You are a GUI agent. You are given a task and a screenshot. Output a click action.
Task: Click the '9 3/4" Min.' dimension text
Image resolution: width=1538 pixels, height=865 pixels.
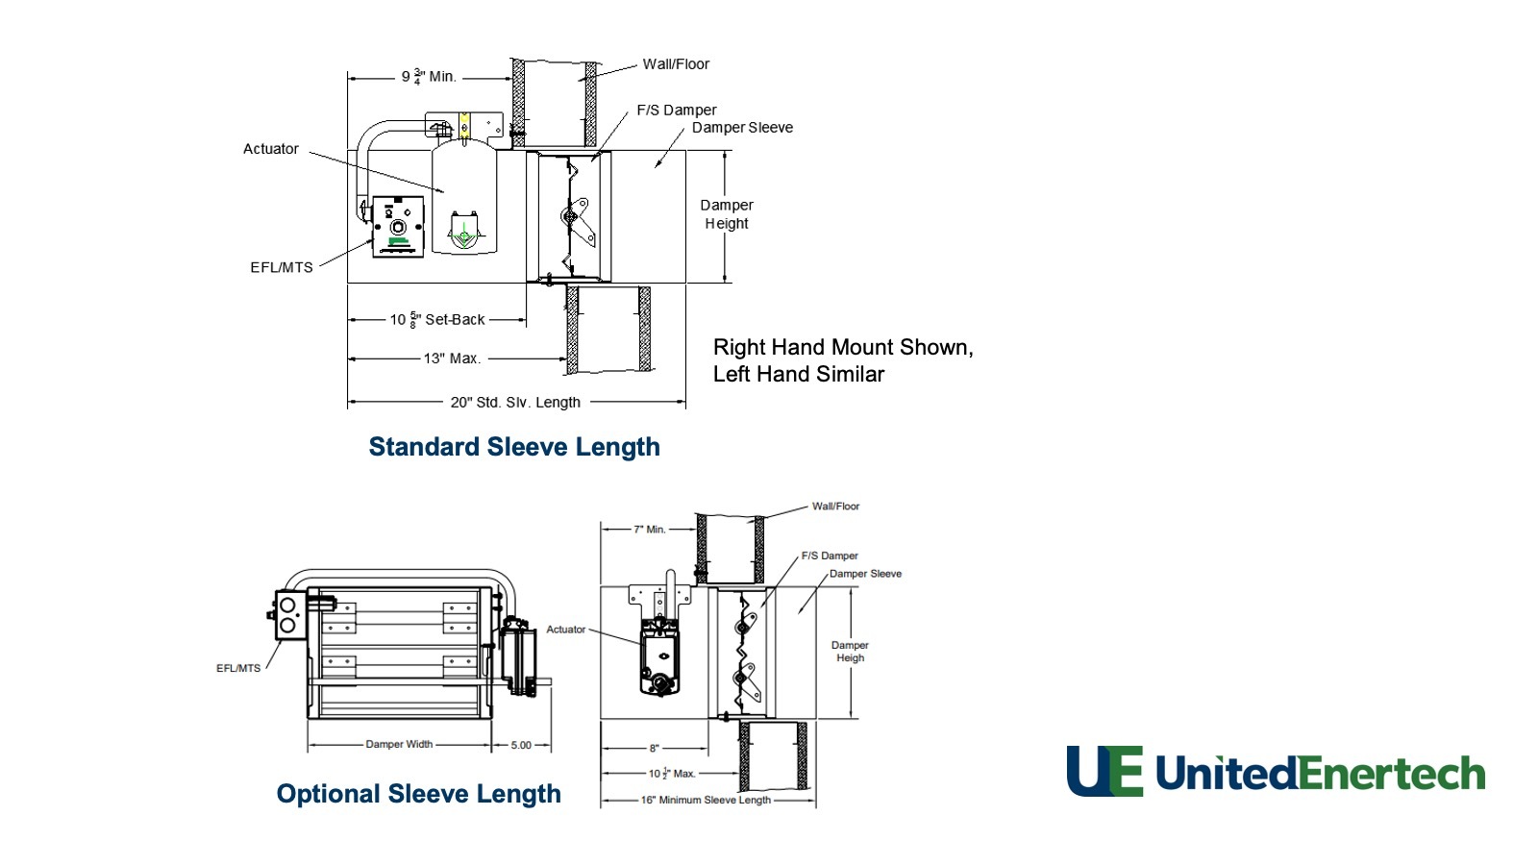(x=429, y=76)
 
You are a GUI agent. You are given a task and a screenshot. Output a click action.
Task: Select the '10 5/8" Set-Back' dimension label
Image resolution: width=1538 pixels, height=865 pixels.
(x=437, y=319)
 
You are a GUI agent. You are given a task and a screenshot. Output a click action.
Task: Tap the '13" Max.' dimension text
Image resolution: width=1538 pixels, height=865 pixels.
(x=452, y=358)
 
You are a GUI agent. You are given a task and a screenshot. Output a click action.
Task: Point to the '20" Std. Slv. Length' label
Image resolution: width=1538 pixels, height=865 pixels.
(x=515, y=402)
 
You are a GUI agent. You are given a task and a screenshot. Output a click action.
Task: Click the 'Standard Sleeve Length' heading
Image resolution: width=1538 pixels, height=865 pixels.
(x=514, y=447)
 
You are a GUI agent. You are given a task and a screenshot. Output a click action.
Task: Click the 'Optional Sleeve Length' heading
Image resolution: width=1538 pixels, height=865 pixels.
(x=418, y=794)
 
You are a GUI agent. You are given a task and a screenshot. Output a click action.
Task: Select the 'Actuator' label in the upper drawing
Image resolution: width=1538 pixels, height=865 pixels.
(x=270, y=149)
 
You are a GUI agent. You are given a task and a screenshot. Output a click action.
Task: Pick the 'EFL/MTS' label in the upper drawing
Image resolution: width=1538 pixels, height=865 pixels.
(x=282, y=267)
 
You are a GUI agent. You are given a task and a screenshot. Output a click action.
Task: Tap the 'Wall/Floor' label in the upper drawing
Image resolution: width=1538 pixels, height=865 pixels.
(x=676, y=64)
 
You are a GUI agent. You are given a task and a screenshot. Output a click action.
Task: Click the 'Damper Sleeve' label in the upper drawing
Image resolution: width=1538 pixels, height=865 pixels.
(x=742, y=127)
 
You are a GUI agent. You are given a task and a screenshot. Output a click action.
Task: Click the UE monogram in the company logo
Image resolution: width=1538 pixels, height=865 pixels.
(x=1104, y=772)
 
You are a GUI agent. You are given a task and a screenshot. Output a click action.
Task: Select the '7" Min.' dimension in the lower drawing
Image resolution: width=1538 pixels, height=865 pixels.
(x=650, y=530)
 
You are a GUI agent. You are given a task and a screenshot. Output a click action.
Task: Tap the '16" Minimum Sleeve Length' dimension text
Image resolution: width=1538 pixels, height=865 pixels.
(x=706, y=800)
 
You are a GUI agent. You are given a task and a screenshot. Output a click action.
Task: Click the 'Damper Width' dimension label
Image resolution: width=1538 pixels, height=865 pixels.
(x=399, y=744)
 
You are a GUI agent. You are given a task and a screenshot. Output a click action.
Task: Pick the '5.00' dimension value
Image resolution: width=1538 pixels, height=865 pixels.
(x=521, y=745)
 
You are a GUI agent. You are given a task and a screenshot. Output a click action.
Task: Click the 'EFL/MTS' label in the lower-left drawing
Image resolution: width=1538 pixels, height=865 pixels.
(x=238, y=668)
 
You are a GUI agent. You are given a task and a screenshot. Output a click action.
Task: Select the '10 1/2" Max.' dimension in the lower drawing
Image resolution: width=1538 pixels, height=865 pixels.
(x=671, y=773)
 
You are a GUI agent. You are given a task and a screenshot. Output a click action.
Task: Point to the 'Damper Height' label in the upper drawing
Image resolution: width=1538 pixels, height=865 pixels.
(x=727, y=214)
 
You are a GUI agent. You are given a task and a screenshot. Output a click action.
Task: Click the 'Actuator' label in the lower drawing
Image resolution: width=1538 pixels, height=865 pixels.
(x=565, y=630)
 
